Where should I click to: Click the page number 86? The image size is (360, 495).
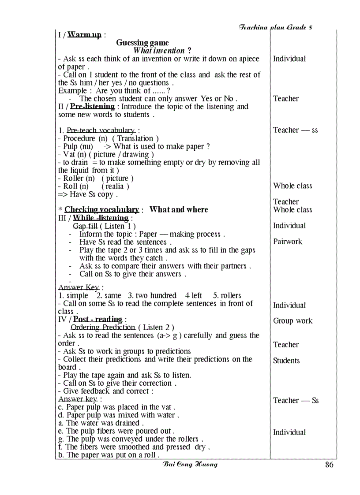(329, 465)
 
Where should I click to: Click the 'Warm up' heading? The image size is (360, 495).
(84, 34)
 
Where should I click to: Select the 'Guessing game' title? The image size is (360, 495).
(142, 43)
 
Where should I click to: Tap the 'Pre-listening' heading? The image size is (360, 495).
(93, 107)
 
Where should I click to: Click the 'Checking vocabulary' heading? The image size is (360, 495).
(102, 210)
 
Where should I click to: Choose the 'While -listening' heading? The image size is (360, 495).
(101, 218)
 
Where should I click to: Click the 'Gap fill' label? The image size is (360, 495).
(85, 226)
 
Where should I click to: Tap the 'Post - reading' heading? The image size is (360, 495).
(97, 319)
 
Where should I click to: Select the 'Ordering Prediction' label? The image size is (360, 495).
(103, 327)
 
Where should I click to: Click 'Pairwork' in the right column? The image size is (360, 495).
(288, 242)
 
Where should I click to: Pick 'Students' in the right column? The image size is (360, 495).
(286, 361)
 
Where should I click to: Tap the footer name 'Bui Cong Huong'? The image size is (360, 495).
(190, 464)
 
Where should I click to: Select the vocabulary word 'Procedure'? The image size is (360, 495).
(79, 138)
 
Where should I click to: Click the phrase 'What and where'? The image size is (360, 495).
(179, 210)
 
